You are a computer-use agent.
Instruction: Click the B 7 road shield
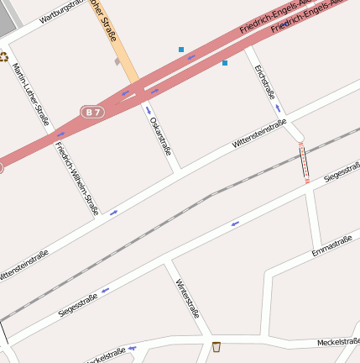point(93,111)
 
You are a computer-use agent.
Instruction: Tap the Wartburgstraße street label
point(65,14)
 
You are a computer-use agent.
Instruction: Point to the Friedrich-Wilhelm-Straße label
point(76,176)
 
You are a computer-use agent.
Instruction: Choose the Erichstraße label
point(264,82)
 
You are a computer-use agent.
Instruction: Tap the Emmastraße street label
point(331,246)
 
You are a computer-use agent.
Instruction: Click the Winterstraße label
point(187,298)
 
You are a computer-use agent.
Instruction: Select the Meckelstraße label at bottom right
point(338,343)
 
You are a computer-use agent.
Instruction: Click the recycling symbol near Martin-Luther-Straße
point(3,57)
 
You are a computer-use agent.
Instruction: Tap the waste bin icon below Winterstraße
point(217,347)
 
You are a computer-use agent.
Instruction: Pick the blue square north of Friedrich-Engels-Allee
point(181,50)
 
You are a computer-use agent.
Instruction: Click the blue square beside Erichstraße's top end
point(225,63)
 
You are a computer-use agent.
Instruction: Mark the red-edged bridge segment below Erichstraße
point(304,161)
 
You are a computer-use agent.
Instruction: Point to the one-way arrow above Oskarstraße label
point(149,110)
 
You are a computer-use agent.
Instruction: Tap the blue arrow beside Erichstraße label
point(278,108)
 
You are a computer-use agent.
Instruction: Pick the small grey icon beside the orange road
point(117,61)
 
